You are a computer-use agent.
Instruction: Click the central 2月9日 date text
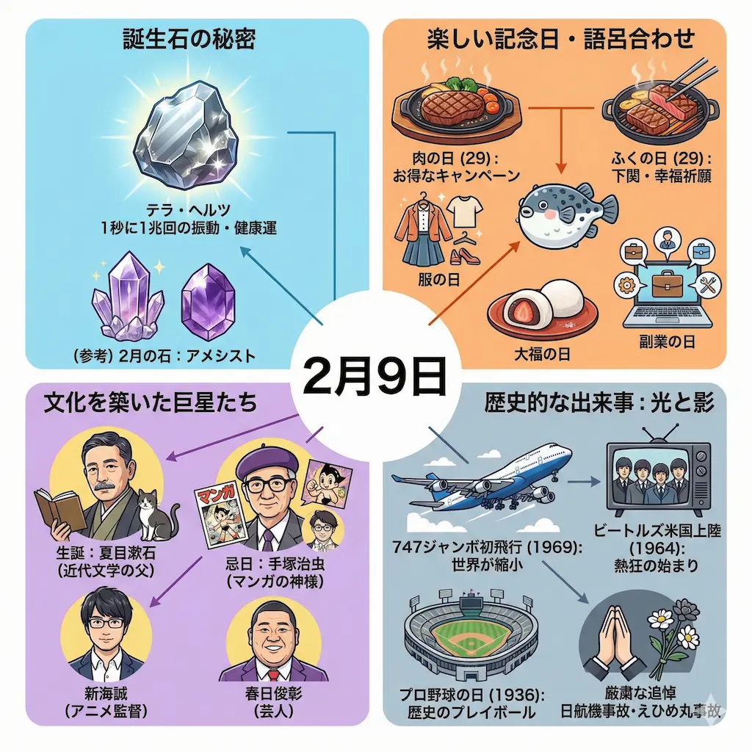[x=375, y=377]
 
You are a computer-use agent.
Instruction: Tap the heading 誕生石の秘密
[x=189, y=40]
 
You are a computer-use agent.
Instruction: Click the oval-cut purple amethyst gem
[x=208, y=295]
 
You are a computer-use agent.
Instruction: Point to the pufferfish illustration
[x=568, y=212]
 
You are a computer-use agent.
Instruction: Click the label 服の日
[x=439, y=280]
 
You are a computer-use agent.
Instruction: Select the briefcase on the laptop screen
[x=667, y=283]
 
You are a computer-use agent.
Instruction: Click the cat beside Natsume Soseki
[x=156, y=515]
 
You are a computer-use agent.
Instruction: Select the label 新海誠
[x=106, y=693]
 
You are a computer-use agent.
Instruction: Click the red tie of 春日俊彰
[x=274, y=674]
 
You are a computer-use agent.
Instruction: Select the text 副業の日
[x=667, y=342]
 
